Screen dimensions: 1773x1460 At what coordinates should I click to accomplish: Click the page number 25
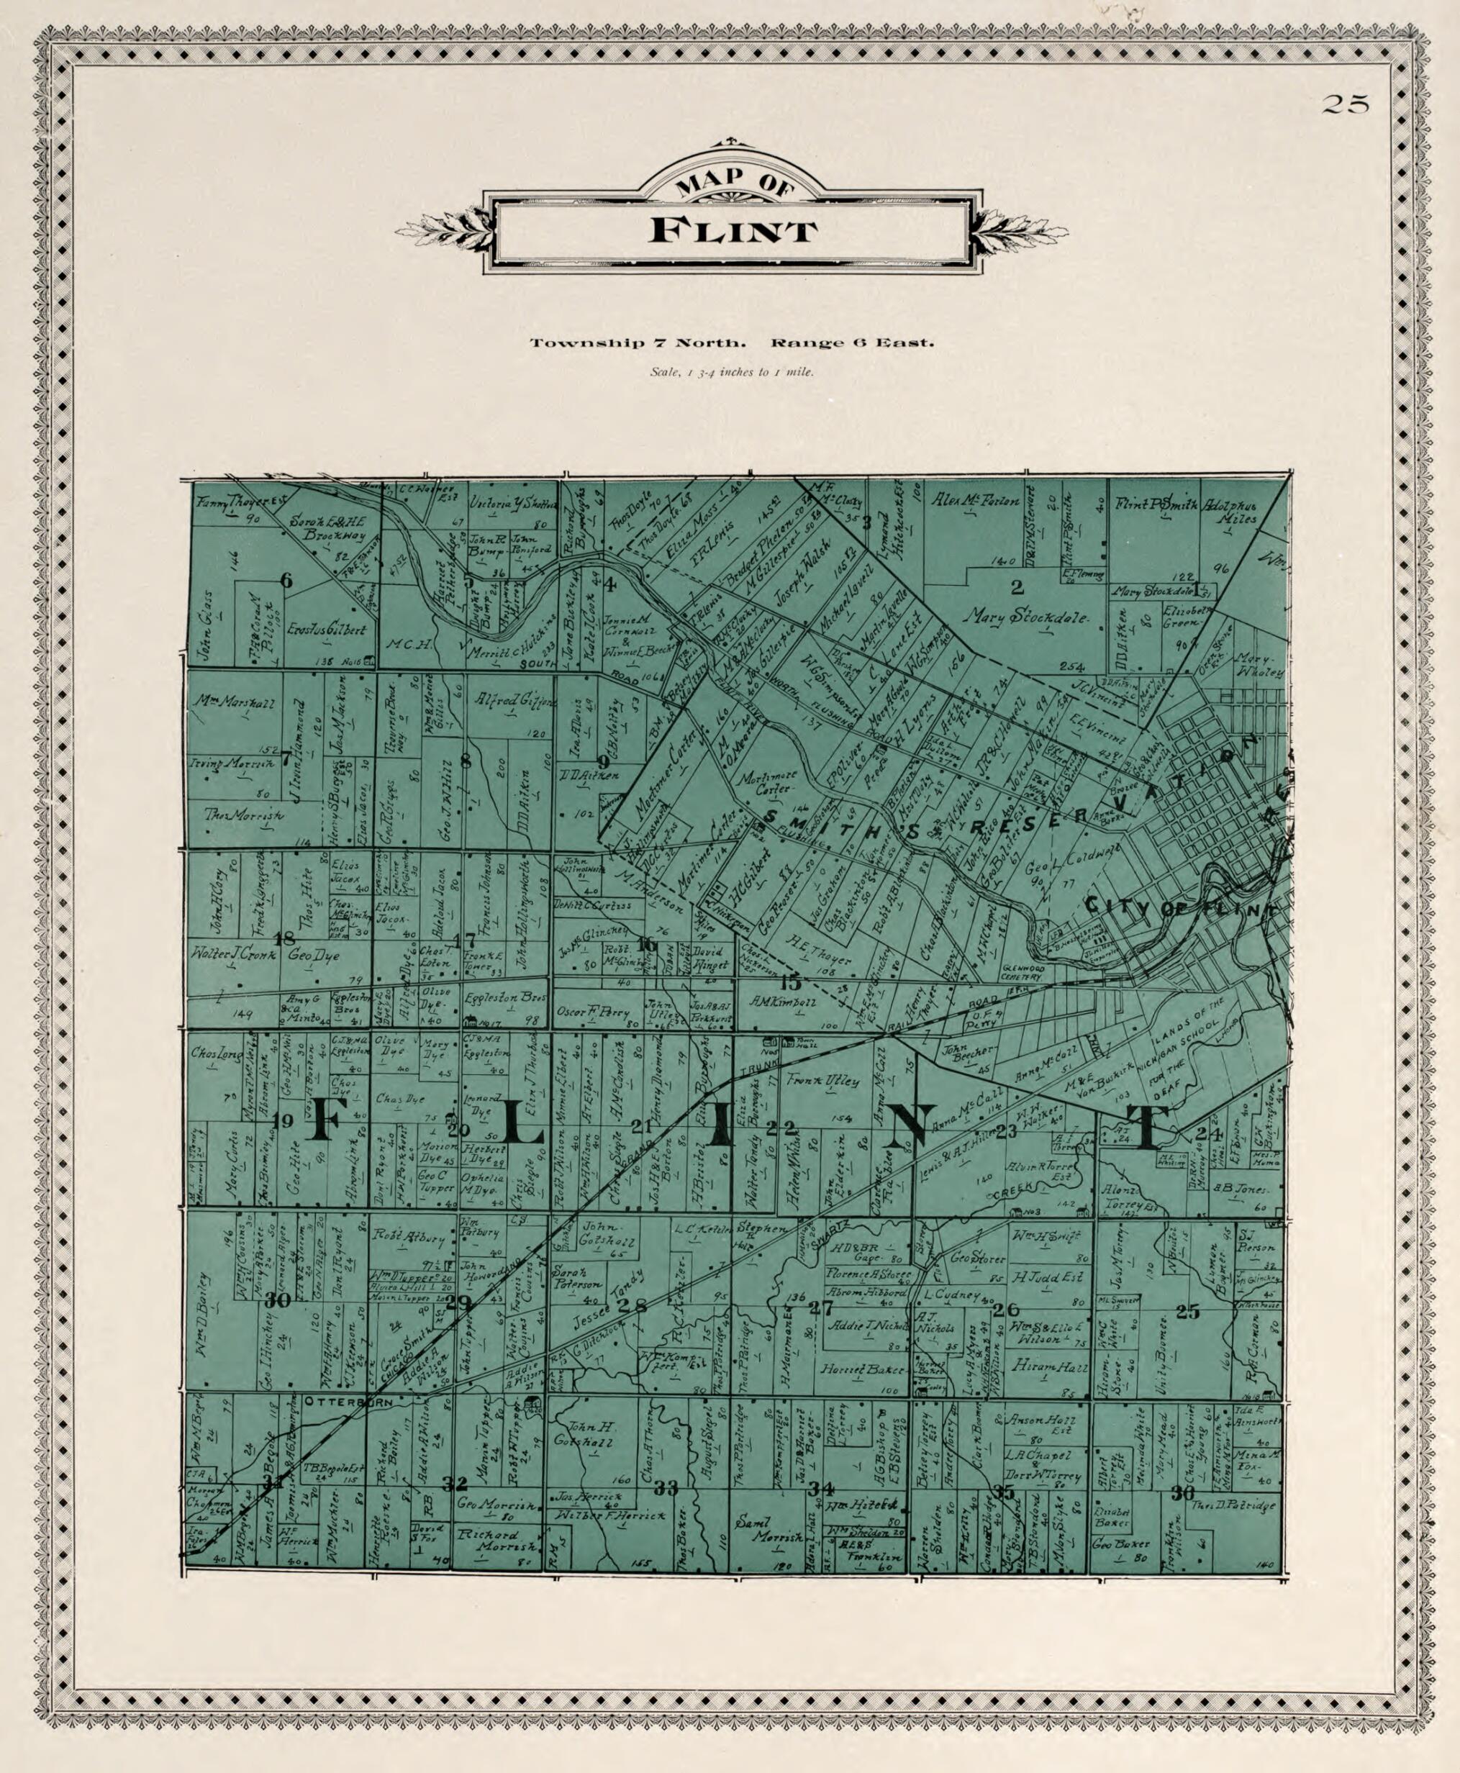1346,104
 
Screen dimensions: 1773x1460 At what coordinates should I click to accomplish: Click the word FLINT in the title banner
733,231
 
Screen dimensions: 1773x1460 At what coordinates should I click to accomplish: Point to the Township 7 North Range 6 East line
732,343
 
